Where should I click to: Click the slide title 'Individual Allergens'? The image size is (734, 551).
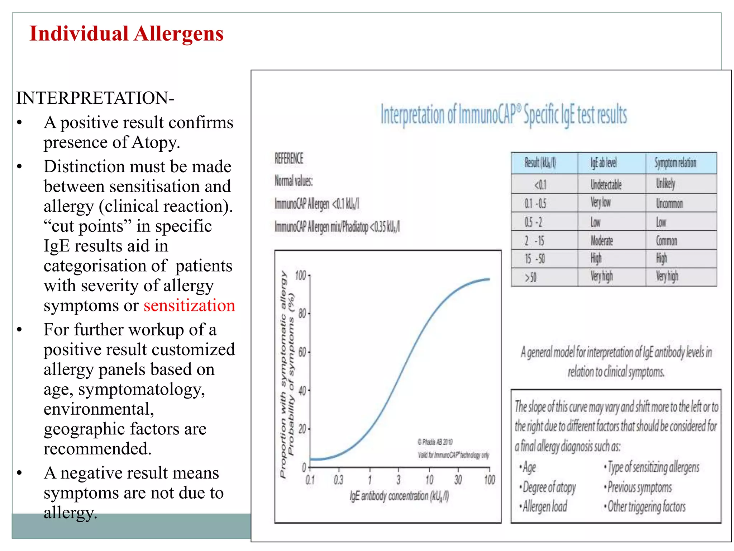click(126, 34)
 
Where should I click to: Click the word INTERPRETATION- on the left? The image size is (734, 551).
click(95, 98)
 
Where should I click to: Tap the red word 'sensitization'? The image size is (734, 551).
click(189, 306)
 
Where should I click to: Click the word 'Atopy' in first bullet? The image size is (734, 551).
click(154, 142)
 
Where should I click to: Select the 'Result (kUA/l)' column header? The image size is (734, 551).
click(540, 163)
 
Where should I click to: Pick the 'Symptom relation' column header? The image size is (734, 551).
click(675, 163)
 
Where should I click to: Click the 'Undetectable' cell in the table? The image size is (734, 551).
click(606, 185)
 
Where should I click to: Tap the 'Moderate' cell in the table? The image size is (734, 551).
click(602, 241)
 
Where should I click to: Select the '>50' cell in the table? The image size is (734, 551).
click(531, 277)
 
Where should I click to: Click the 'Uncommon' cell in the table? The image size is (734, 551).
click(669, 203)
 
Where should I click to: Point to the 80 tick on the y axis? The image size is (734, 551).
click(302, 314)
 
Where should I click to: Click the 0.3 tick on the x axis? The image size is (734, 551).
click(338, 480)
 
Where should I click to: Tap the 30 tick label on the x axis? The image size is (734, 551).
click(458, 480)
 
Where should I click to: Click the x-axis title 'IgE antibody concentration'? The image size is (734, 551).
click(399, 496)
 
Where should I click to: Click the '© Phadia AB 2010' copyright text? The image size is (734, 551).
click(435, 442)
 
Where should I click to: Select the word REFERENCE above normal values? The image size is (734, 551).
click(289, 158)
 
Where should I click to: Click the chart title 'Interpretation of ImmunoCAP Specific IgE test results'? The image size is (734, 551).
click(504, 115)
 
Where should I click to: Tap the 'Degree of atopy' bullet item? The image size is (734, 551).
click(549, 488)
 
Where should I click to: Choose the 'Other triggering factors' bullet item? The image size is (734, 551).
click(646, 507)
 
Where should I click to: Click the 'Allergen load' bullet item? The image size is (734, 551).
click(544, 507)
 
